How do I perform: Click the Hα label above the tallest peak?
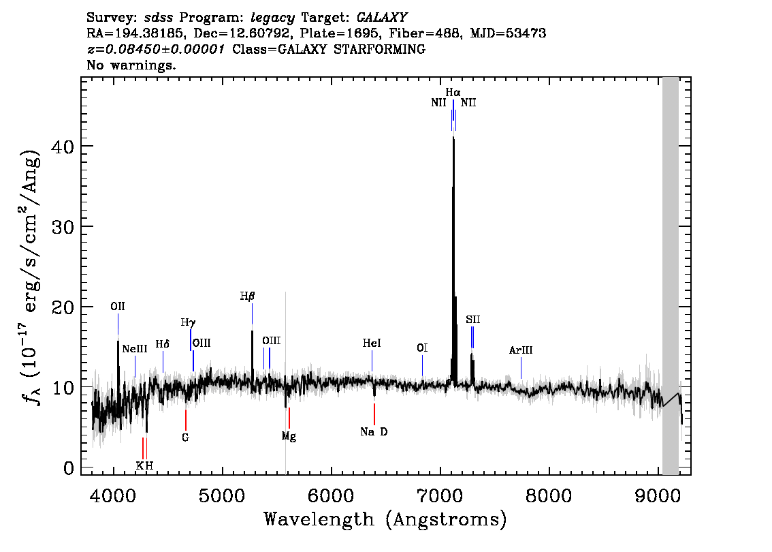453,92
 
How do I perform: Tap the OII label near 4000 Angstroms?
118,307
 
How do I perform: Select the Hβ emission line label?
248,296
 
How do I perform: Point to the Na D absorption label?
374,432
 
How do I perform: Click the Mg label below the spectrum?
289,436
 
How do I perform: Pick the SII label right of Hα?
472,320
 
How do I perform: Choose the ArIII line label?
521,350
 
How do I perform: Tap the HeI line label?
372,343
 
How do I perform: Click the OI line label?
422,348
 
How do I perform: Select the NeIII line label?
135,349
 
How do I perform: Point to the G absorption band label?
186,438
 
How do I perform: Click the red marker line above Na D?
374,414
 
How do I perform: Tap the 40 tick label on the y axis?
63,147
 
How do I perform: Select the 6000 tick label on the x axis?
332,496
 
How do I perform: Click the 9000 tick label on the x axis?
658,496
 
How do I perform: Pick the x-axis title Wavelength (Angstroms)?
385,519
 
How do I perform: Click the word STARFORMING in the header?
380,49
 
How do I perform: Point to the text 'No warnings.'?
131,65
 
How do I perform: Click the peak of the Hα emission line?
453,138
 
